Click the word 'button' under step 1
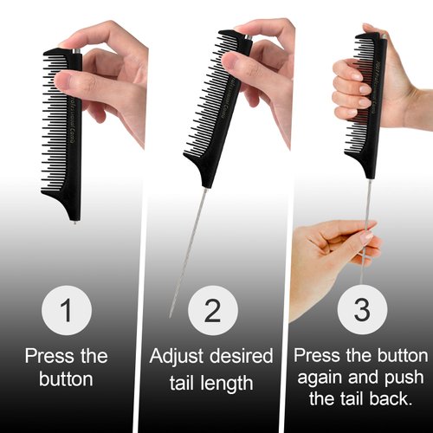tap(67, 379)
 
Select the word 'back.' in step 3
tap(390, 401)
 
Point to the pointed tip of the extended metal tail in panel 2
tap(171, 316)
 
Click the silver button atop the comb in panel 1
tap(77, 52)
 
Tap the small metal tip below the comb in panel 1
tap(76, 223)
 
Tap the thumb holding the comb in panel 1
tap(87, 82)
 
